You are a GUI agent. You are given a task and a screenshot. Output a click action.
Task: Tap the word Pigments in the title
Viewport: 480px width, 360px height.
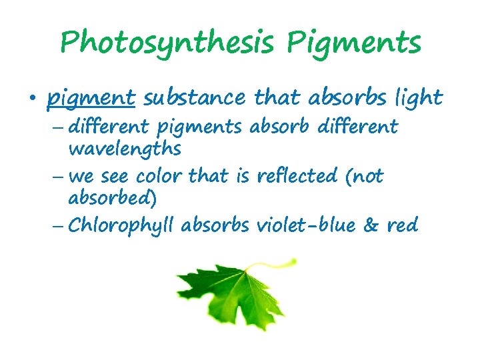point(355,43)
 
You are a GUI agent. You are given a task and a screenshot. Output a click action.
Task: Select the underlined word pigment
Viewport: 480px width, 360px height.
point(91,99)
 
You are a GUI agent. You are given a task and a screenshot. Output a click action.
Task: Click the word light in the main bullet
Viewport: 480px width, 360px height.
point(418,98)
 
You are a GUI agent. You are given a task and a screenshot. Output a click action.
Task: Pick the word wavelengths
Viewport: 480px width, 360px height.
point(125,149)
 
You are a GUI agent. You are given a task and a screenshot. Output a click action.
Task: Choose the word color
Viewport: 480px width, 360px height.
point(159,176)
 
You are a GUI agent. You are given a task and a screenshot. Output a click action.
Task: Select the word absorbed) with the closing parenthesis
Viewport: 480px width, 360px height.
point(113,199)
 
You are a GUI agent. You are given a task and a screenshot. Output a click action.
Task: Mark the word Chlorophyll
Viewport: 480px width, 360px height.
point(121,226)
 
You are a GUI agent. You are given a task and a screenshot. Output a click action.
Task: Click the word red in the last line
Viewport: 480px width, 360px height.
point(403,225)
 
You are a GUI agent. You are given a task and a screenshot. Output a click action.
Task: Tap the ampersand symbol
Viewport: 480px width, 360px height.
point(371,225)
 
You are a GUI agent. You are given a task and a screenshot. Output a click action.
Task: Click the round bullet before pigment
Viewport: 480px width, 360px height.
point(31,99)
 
